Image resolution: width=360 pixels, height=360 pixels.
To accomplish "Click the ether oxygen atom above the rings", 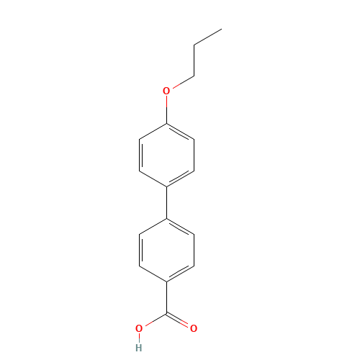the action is click(x=166, y=91).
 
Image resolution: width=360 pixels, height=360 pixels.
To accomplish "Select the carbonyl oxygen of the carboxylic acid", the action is click(x=194, y=328).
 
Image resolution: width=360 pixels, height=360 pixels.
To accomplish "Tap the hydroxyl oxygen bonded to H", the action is click(x=139, y=328).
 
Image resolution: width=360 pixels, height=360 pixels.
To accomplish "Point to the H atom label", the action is click(x=139, y=348).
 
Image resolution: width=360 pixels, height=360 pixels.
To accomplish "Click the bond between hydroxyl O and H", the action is click(x=139, y=338).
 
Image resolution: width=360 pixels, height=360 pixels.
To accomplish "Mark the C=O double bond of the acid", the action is click(x=181, y=321).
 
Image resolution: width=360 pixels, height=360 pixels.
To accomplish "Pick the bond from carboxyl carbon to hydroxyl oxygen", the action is click(x=153, y=321).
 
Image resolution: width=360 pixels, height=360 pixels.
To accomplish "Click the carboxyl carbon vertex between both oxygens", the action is click(x=167, y=313).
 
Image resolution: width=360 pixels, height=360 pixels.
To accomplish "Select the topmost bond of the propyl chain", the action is click(x=207, y=37).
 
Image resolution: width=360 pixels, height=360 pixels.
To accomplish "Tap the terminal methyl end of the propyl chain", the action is click(x=220, y=30).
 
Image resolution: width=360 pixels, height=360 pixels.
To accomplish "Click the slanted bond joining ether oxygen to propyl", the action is click(x=183, y=81).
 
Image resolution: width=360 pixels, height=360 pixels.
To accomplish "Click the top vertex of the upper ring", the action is click(x=167, y=124).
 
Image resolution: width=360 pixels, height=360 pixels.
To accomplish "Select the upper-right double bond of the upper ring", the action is click(x=181, y=132).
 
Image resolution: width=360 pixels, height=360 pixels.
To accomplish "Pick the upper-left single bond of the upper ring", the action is click(x=153, y=132).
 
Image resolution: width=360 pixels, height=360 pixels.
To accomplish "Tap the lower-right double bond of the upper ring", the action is click(x=181, y=179).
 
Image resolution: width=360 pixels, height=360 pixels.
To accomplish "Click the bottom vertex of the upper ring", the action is click(x=167, y=186).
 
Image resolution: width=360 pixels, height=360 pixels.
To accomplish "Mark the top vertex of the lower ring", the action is click(x=167, y=218).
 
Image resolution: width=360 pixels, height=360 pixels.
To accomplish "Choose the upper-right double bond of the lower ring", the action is click(x=181, y=226).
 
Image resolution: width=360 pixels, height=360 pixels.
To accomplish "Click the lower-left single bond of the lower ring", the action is click(x=153, y=273).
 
